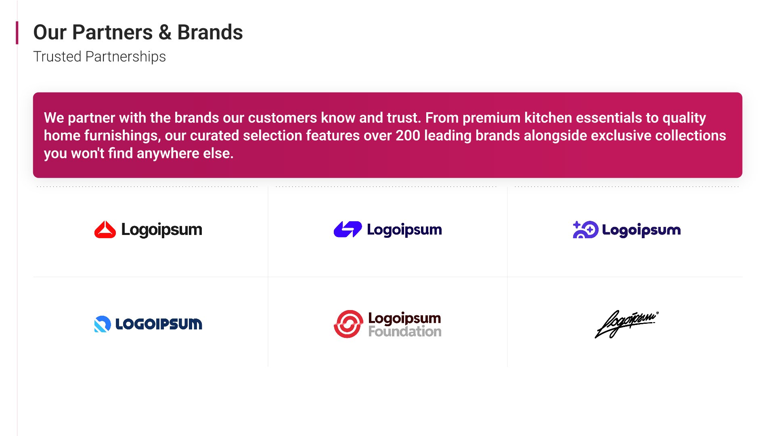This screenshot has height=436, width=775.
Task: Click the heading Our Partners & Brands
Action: (138, 32)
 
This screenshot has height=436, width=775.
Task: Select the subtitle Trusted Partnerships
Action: (99, 57)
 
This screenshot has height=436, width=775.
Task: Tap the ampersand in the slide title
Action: (165, 32)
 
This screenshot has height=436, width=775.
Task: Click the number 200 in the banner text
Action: (408, 136)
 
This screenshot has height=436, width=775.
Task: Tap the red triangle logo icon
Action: (105, 230)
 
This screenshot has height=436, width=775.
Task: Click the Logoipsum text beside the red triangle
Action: (161, 230)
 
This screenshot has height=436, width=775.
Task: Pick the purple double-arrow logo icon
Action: (348, 229)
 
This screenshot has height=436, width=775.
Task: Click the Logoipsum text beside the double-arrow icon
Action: (404, 230)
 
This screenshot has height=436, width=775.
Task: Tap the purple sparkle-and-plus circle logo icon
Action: (585, 230)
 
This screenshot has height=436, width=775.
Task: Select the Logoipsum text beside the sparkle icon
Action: (641, 230)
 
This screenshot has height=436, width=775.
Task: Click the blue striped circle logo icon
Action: (103, 324)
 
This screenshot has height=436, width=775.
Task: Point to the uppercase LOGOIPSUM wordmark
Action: (159, 324)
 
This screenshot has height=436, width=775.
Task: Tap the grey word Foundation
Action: (404, 332)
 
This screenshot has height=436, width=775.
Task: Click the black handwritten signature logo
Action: (626, 324)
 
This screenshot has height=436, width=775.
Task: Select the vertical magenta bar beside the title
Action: (17, 33)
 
